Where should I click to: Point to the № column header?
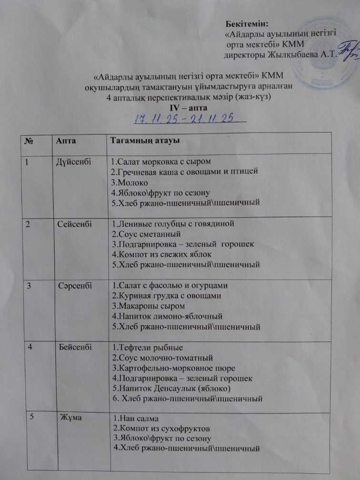tap(30, 141)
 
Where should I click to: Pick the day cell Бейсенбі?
tap(73, 347)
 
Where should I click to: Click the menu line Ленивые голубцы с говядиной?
tap(172, 223)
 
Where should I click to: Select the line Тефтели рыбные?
tap(146, 347)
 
